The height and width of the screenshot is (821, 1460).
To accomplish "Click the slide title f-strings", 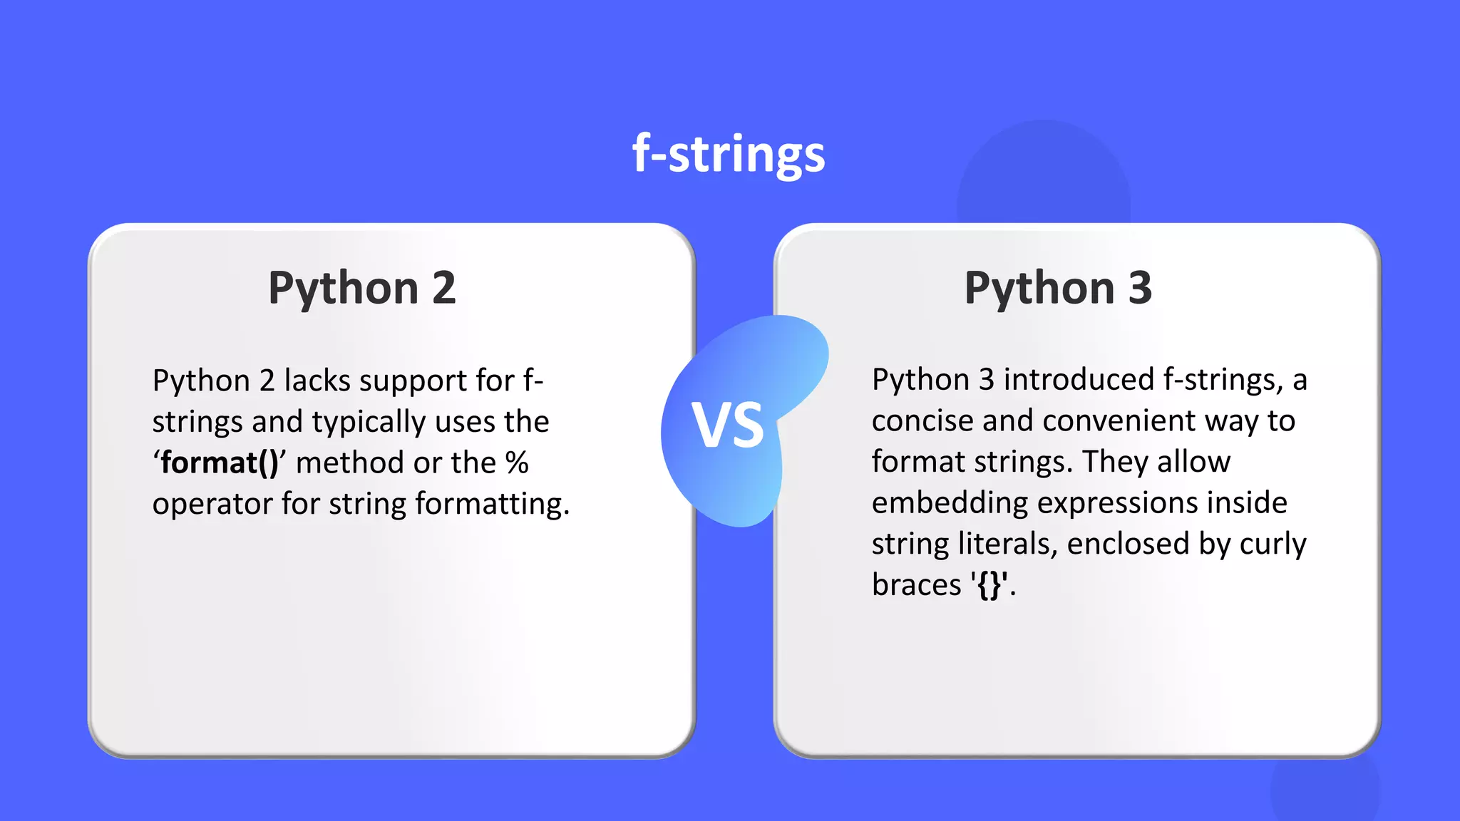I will (729, 154).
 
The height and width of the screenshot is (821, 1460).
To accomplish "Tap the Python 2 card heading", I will (362, 288).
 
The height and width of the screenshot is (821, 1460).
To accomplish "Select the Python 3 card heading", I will (1058, 288).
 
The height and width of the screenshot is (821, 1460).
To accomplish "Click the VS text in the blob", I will (728, 425).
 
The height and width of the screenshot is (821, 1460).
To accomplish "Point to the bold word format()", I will (220, 463).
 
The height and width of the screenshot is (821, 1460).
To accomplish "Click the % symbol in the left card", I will (517, 463).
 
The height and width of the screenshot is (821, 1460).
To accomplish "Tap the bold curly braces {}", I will (989, 585).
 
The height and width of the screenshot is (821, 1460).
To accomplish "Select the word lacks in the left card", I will (317, 381).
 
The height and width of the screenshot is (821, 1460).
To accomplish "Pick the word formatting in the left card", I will (492, 505).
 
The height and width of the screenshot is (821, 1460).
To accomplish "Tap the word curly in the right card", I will (1273, 544).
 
